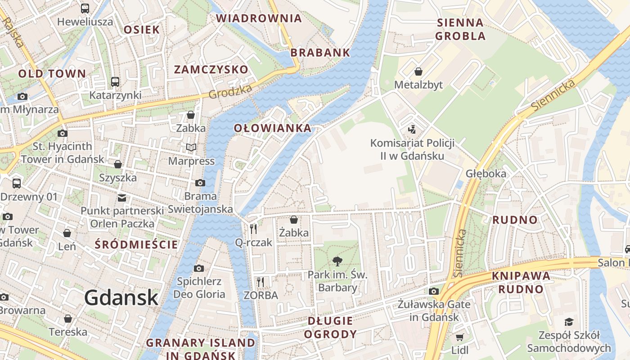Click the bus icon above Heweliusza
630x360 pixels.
click(85, 8)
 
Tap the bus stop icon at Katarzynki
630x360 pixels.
click(115, 82)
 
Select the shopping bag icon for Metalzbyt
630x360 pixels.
click(418, 72)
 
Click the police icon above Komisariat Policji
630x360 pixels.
click(412, 130)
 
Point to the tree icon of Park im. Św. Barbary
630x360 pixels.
click(337, 261)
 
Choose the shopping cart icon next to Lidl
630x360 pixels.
click(459, 337)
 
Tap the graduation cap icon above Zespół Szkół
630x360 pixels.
click(569, 322)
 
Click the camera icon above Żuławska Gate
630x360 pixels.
click(434, 291)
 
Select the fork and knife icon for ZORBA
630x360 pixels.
click(261, 282)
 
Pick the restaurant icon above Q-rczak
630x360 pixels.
click(254, 229)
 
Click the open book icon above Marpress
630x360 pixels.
click(191, 147)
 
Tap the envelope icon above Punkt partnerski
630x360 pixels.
click(122, 198)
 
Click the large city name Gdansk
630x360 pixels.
click(121, 297)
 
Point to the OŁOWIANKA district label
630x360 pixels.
click(273, 128)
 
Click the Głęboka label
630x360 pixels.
click(486, 174)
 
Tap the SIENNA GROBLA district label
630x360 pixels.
click(460, 29)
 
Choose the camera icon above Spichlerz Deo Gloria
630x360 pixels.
click(198, 269)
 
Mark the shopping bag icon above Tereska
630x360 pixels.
click(68, 319)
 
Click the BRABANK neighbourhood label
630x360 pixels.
click(320, 52)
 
